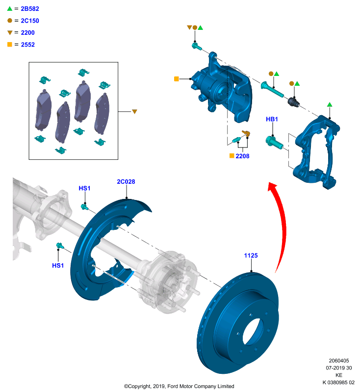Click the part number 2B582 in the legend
(x=30, y=9)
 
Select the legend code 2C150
(x=30, y=21)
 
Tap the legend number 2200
(x=28, y=33)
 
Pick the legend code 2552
(x=28, y=45)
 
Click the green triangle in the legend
(x=10, y=9)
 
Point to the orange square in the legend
(x=10, y=45)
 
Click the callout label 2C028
(x=126, y=182)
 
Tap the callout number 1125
(x=251, y=255)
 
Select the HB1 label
(x=272, y=119)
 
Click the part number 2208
(x=242, y=156)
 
